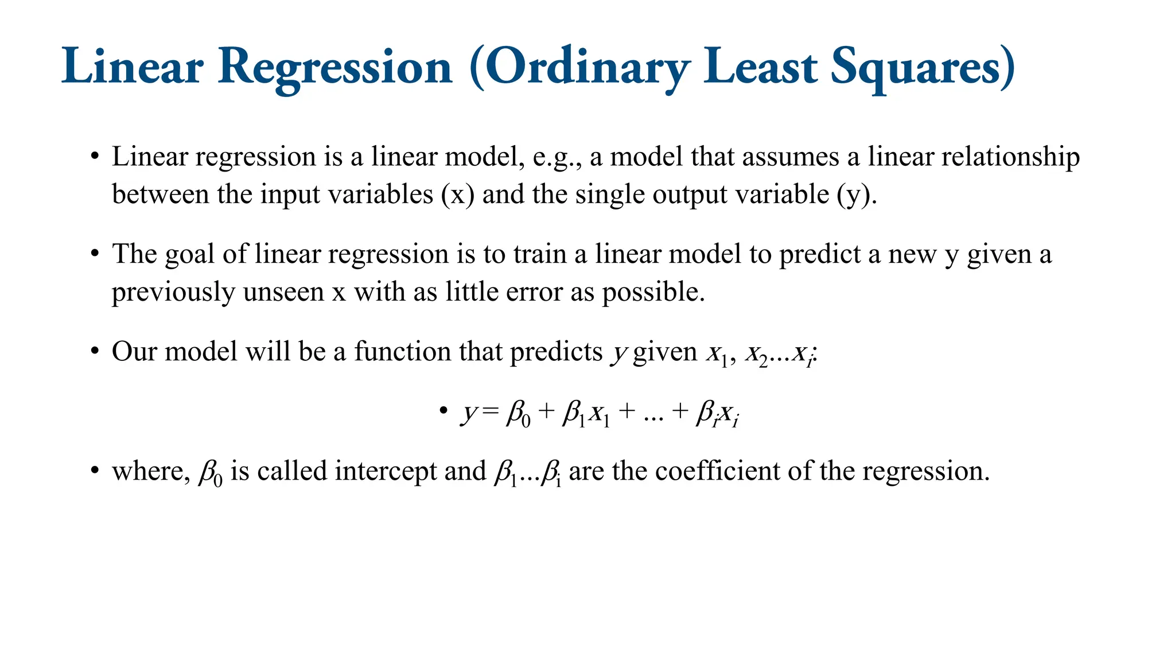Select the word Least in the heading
point(760,68)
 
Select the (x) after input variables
point(457,195)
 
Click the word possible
point(653,292)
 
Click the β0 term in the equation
point(519,413)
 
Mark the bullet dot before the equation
point(443,411)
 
